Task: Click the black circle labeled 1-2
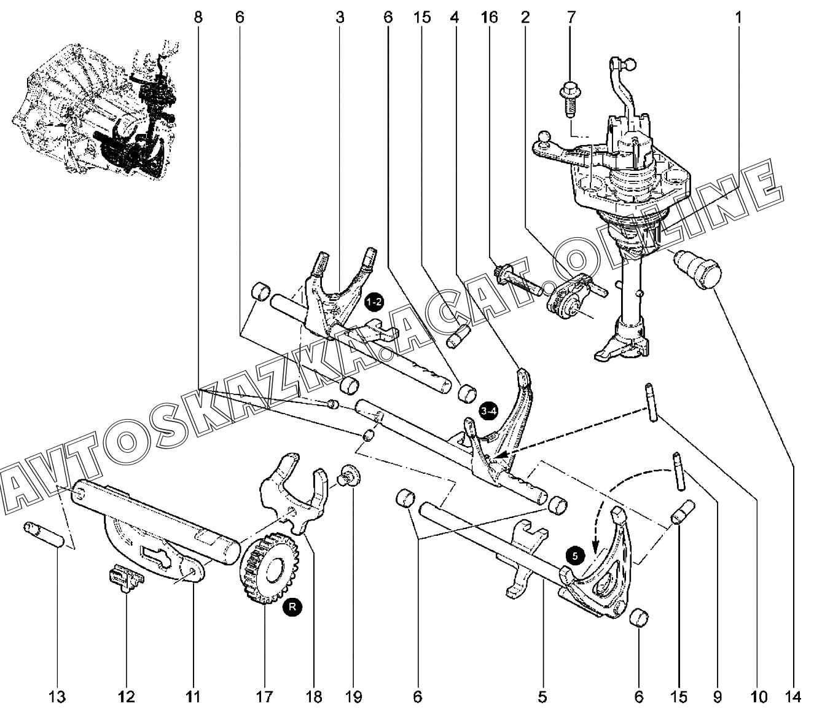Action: click(374, 302)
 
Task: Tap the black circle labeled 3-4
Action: click(488, 412)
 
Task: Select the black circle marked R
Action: click(292, 607)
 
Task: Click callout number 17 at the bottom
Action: click(264, 697)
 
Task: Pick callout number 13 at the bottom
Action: click(57, 697)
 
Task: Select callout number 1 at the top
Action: click(738, 18)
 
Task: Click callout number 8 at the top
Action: click(198, 18)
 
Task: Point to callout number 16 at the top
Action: click(489, 18)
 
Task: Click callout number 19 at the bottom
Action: click(354, 697)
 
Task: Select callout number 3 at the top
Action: click(340, 18)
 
